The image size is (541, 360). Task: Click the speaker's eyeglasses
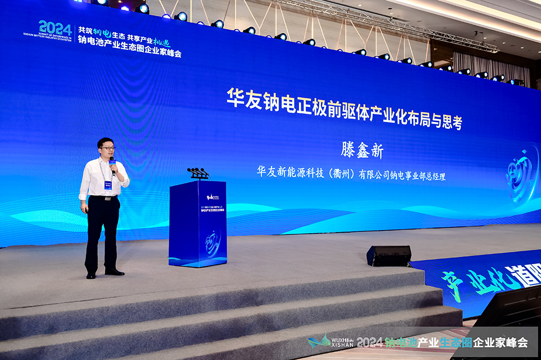(x=107, y=148)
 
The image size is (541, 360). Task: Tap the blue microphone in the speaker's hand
(x=113, y=164)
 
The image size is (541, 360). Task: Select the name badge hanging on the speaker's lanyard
(x=108, y=185)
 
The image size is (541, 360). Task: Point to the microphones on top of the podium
(x=198, y=173)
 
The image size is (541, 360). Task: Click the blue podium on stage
(x=197, y=223)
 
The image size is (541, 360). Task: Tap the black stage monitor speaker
(x=389, y=256)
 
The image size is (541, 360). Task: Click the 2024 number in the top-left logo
(x=55, y=28)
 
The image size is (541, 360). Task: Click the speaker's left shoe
(x=115, y=272)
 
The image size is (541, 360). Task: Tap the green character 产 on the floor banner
(x=451, y=284)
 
